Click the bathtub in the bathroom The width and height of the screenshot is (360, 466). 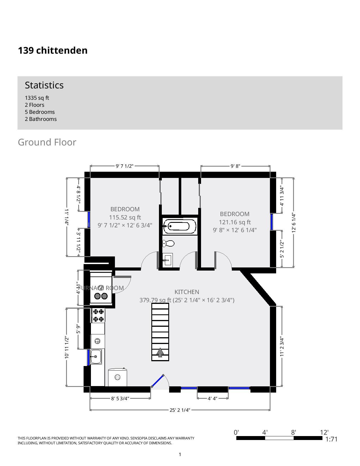click(x=180, y=226)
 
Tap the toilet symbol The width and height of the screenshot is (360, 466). click(x=168, y=243)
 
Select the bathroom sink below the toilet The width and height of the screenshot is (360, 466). click(x=167, y=260)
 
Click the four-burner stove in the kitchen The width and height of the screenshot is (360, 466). click(x=98, y=315)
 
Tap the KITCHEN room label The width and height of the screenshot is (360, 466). click(x=187, y=292)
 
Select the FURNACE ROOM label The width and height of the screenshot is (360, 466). click(x=101, y=288)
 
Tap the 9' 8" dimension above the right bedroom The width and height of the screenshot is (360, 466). click(x=235, y=166)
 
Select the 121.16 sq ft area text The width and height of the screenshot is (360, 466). click(x=235, y=222)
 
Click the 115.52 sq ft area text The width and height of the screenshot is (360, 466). click(x=125, y=217)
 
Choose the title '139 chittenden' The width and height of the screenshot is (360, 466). click(x=53, y=50)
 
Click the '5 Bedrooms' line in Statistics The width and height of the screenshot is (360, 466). click(x=40, y=112)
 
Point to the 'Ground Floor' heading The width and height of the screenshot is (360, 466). click(x=47, y=142)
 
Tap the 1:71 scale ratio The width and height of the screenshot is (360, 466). click(x=331, y=439)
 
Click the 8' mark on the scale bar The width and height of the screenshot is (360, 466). click(x=294, y=432)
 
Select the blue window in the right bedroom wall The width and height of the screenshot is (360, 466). click(x=272, y=222)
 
